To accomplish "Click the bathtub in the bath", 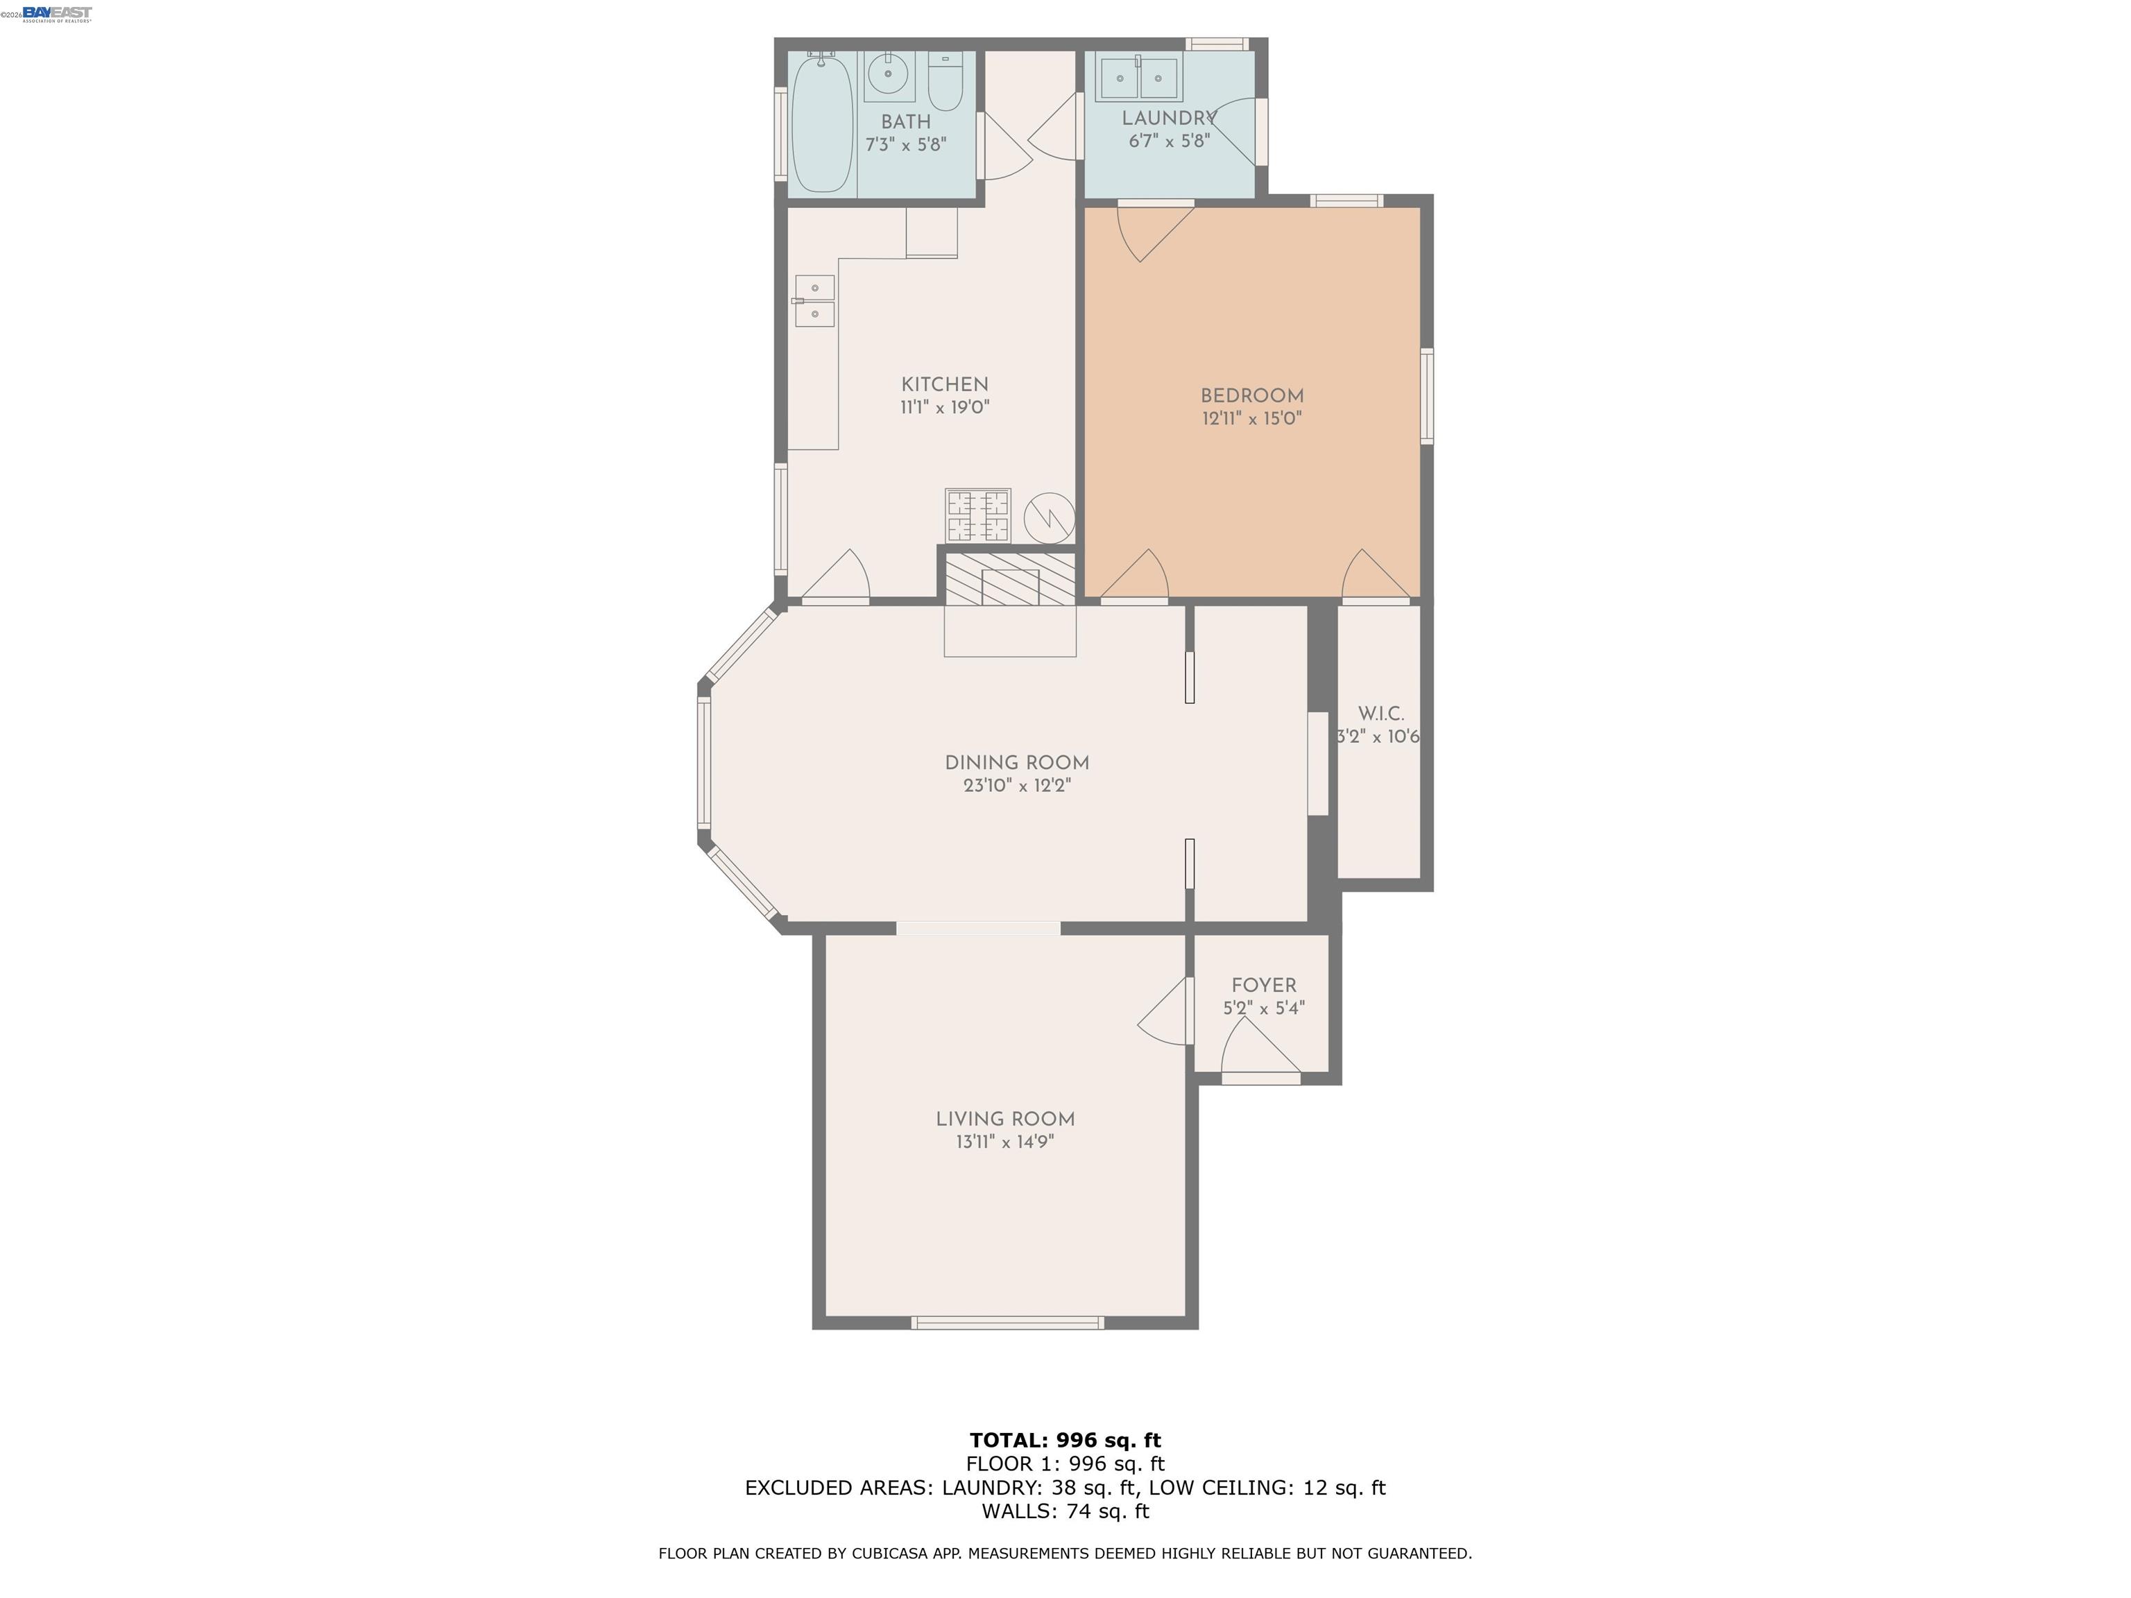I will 822,123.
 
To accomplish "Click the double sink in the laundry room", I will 1140,78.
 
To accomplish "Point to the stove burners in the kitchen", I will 978,516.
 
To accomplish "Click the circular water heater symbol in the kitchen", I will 1048,517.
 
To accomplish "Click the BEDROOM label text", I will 1251,396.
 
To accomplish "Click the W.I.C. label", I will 1380,714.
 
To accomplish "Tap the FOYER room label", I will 1263,986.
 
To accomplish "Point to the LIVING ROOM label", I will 1005,1119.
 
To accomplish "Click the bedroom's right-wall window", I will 1427,396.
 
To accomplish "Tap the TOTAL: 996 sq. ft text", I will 1065,1440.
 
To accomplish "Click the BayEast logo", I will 57,13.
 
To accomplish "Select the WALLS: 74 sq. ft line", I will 1065,1511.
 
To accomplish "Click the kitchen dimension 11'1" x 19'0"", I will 944,407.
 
